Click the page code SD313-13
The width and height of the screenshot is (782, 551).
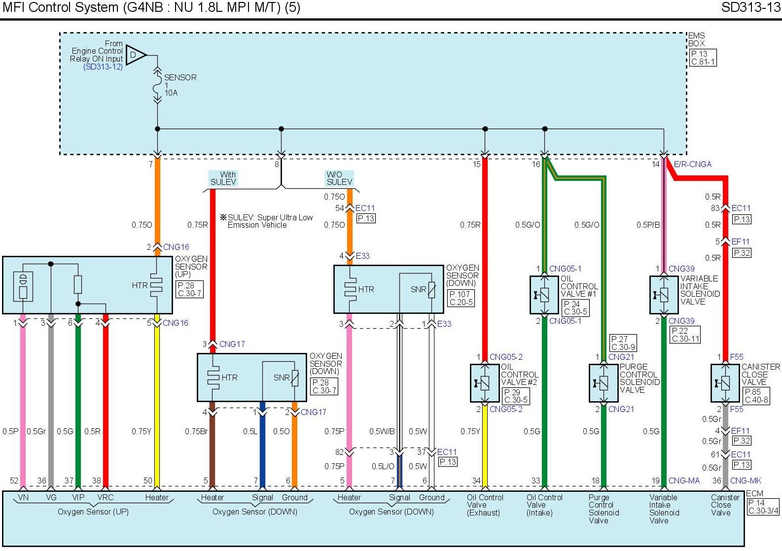tap(750, 7)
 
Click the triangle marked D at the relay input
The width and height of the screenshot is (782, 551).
tap(135, 55)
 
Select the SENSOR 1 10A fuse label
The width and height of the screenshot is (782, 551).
tap(179, 85)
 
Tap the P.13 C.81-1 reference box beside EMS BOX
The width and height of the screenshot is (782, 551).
tap(702, 58)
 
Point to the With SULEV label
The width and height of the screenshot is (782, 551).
tap(223, 178)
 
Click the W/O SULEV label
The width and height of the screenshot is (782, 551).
tap(340, 178)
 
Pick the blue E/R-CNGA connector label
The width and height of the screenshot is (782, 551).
tap(692, 164)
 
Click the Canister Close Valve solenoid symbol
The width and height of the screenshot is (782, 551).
tap(725, 383)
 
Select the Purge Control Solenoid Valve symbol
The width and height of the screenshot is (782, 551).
tap(603, 383)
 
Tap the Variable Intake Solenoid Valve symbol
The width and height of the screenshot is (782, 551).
tap(663, 295)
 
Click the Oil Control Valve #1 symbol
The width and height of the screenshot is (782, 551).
tap(544, 295)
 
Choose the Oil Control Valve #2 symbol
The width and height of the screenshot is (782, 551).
tap(484, 383)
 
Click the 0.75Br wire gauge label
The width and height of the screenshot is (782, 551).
tap(196, 431)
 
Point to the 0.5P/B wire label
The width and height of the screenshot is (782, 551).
tap(648, 225)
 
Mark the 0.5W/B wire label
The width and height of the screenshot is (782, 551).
tap(382, 431)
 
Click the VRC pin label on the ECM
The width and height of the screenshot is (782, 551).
tap(106, 497)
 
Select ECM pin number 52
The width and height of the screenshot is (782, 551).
tap(14, 481)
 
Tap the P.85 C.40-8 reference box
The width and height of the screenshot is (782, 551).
tap(756, 396)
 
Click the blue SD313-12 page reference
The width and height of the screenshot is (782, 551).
tap(103, 67)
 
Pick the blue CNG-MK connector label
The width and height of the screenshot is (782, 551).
tap(746, 481)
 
